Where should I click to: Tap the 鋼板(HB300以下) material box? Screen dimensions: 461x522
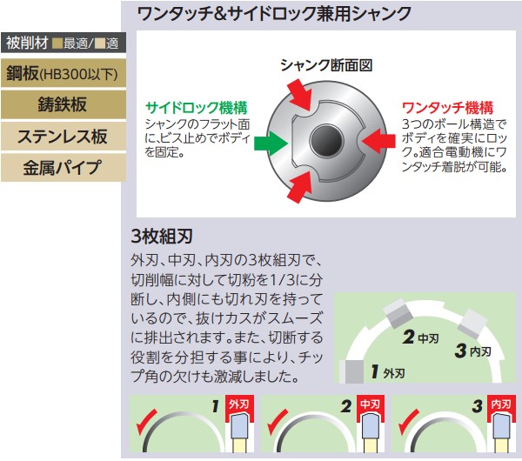[x=64, y=74]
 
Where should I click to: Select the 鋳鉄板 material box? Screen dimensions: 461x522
[x=64, y=104]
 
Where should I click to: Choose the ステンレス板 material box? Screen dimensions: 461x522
[x=64, y=136]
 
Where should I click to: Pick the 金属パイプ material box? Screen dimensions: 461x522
[x=64, y=167]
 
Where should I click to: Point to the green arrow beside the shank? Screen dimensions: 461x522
[x=265, y=139]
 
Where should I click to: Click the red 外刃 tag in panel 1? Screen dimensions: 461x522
[x=236, y=406]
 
